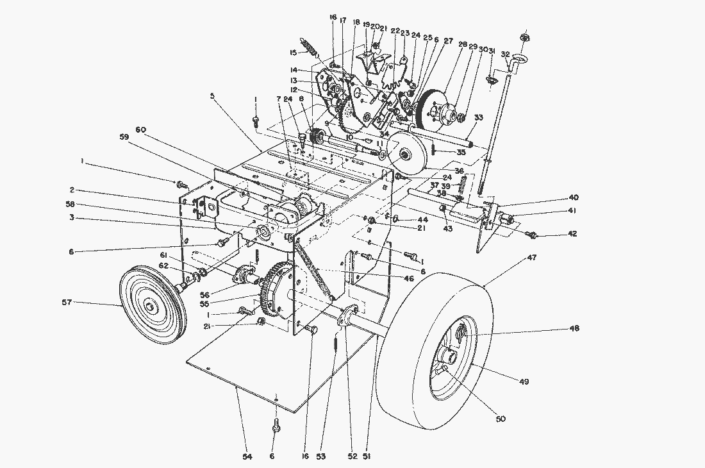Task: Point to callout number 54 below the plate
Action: coord(247,456)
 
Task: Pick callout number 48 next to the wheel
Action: coord(573,328)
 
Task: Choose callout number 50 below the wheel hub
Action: coord(501,419)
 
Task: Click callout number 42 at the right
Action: coord(572,234)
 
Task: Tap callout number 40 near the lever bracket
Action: coord(572,197)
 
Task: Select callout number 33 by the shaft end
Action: coord(478,118)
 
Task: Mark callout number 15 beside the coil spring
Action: coord(294,53)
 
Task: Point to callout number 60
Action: coord(141,130)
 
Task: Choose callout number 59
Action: coord(123,137)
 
